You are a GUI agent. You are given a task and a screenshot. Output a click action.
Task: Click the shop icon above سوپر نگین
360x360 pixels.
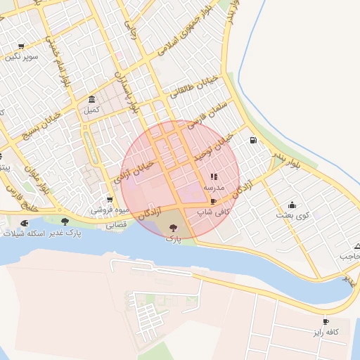tap(21, 46)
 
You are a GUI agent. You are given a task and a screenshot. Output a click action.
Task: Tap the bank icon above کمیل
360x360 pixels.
tap(92, 99)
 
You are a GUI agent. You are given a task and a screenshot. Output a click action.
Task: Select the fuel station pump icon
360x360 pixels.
tap(252, 140)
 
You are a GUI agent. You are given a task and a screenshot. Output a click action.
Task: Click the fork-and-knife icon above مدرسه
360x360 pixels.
tap(214, 177)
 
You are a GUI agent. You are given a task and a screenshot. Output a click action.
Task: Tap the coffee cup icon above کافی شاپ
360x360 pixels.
tap(213, 200)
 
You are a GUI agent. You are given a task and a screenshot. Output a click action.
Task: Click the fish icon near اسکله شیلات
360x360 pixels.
tap(24, 223)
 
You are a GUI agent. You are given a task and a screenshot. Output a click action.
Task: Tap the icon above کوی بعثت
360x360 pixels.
tap(292, 205)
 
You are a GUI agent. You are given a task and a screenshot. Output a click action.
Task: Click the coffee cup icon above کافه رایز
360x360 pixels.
tap(326, 321)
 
